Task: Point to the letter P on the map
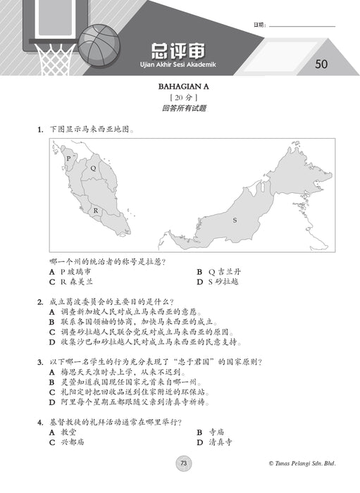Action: click(68, 158)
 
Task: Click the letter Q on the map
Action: click(92, 168)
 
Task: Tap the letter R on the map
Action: click(96, 210)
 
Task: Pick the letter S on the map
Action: click(235, 220)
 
